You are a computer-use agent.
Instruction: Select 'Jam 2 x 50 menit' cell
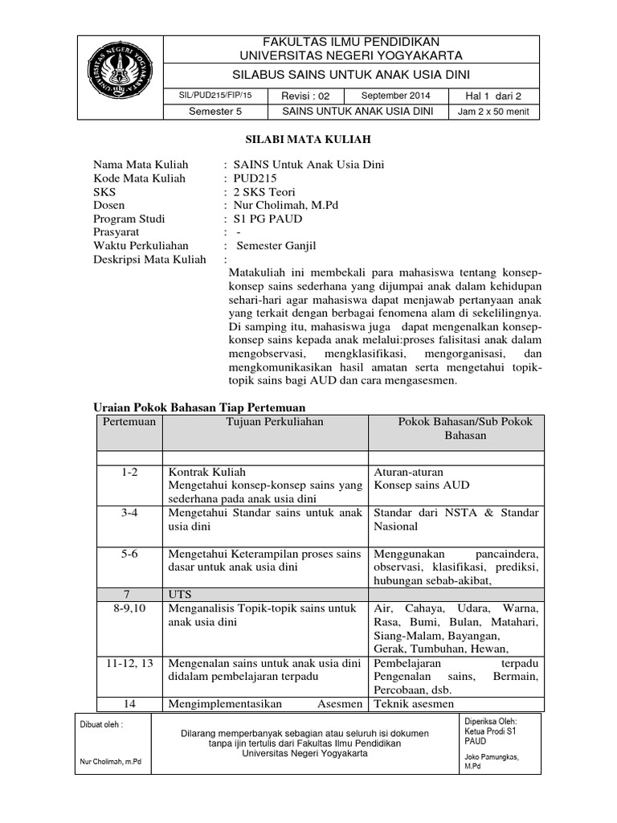pyautogui.click(x=494, y=112)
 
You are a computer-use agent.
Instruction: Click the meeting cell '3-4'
pyautogui.click(x=129, y=513)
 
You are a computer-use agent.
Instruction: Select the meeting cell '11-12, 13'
pyautogui.click(x=129, y=664)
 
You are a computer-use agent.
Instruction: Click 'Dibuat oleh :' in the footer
pyautogui.click(x=100, y=723)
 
